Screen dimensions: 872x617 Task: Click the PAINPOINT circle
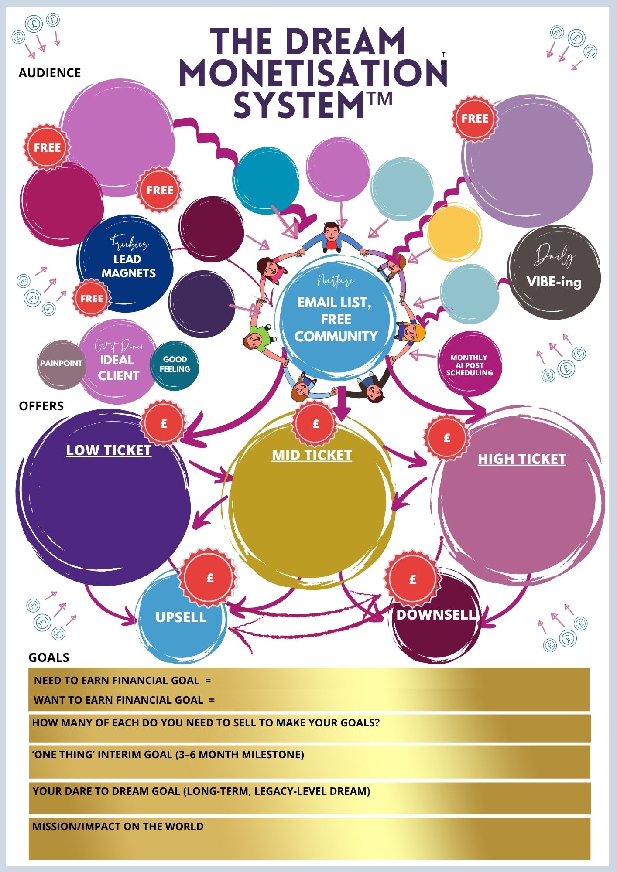61,363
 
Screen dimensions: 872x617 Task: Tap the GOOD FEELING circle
175,364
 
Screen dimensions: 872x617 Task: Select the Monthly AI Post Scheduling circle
469,364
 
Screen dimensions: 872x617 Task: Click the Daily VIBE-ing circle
554,272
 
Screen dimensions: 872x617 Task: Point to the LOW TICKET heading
109,450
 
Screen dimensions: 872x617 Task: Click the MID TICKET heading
312,455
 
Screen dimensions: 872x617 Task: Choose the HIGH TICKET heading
522,459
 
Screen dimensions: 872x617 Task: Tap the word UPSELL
181,617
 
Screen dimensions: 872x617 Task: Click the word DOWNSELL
436,614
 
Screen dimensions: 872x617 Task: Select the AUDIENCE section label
50,73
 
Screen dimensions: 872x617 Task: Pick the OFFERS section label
41,406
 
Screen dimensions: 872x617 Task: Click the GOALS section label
49,657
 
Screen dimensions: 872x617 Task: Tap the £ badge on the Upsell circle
210,579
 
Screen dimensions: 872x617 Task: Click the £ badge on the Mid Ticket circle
315,424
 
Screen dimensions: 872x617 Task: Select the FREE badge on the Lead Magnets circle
92,299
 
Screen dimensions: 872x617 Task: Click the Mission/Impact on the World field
309,845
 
